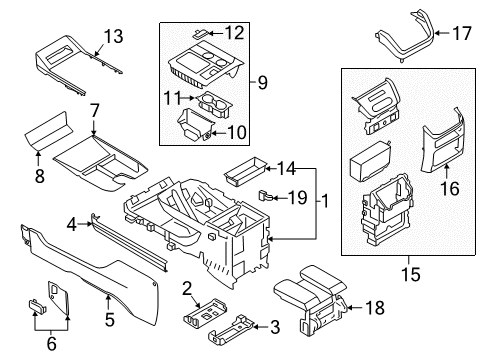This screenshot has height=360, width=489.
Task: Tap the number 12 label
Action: pyautogui.click(x=234, y=32)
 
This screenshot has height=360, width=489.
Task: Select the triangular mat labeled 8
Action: pyautogui.click(x=60, y=128)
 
